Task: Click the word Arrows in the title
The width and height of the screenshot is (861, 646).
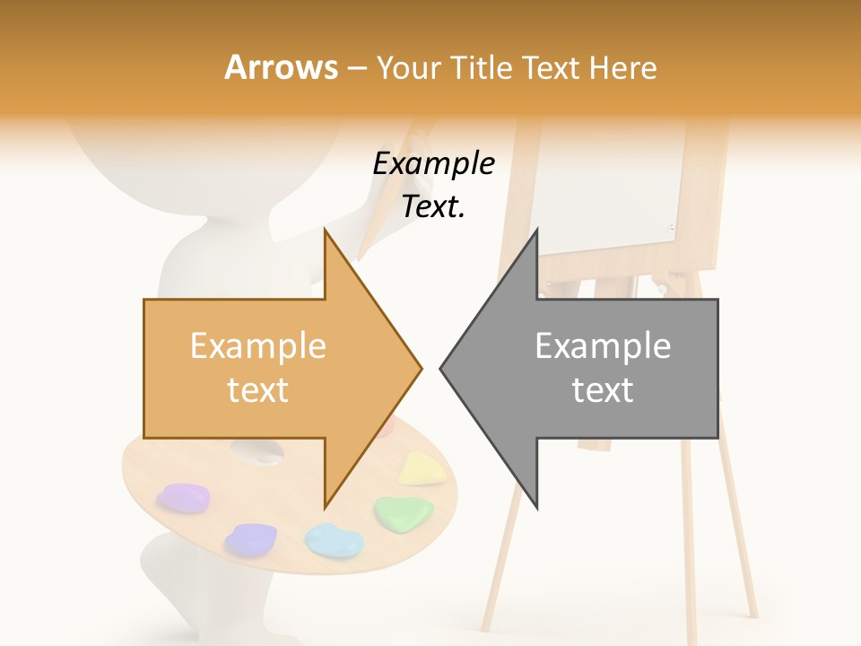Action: click(281, 67)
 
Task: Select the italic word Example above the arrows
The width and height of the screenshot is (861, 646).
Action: click(434, 164)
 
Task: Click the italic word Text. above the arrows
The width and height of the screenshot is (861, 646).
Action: click(433, 206)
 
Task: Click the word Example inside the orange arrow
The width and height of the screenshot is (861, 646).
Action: click(257, 345)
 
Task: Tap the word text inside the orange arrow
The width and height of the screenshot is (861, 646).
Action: click(257, 389)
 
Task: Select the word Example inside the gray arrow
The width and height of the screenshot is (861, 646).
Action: click(603, 345)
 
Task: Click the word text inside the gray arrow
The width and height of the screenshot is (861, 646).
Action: click(603, 389)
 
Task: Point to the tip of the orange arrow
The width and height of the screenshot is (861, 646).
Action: click(420, 367)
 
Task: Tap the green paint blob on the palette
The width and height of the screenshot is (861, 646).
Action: click(404, 511)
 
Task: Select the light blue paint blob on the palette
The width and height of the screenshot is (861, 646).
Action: click(334, 538)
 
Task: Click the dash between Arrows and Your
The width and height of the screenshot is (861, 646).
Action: click(356, 68)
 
